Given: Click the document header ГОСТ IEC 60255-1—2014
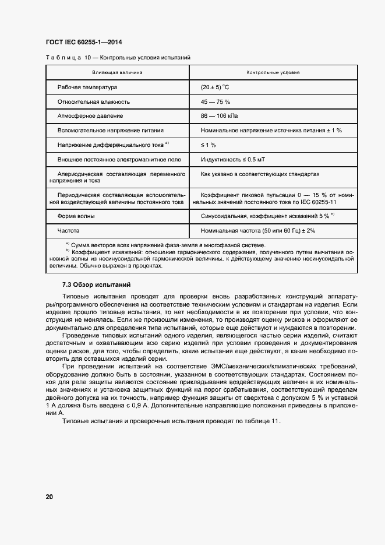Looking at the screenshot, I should click(83, 43).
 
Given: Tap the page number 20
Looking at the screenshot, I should click(50, 497).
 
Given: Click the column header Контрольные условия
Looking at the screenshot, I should click(273, 73).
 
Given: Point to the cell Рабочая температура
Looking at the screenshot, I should click(87, 87).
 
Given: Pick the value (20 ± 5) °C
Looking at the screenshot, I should click(215, 87).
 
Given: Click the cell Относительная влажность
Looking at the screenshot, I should click(94, 101).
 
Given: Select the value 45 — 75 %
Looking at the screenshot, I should click(216, 101).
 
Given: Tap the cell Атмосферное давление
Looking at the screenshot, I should click(89, 115).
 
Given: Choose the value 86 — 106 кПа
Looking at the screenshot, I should click(220, 115).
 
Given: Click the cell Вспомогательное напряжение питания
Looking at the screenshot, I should click(111, 130).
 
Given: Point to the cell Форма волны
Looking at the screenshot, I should click(76, 216).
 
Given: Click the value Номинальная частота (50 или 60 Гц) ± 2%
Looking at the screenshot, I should click(257, 230).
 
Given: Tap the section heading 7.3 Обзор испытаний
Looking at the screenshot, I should click(96, 284).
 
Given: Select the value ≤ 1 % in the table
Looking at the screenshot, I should click(209, 144).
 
